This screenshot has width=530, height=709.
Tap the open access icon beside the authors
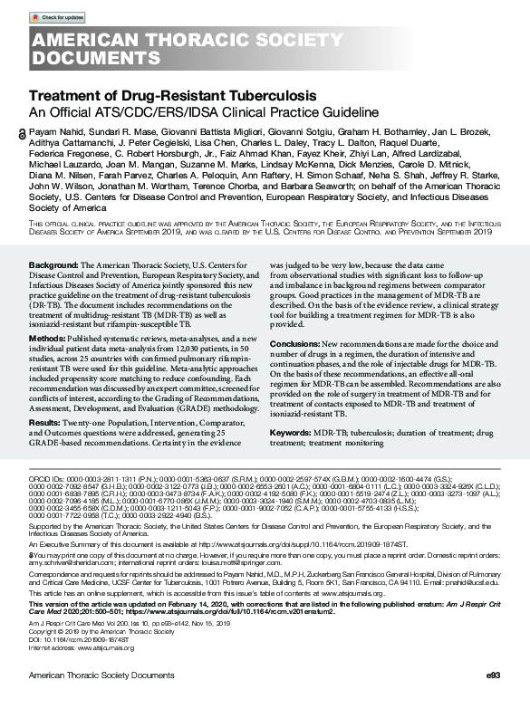(x=23, y=133)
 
